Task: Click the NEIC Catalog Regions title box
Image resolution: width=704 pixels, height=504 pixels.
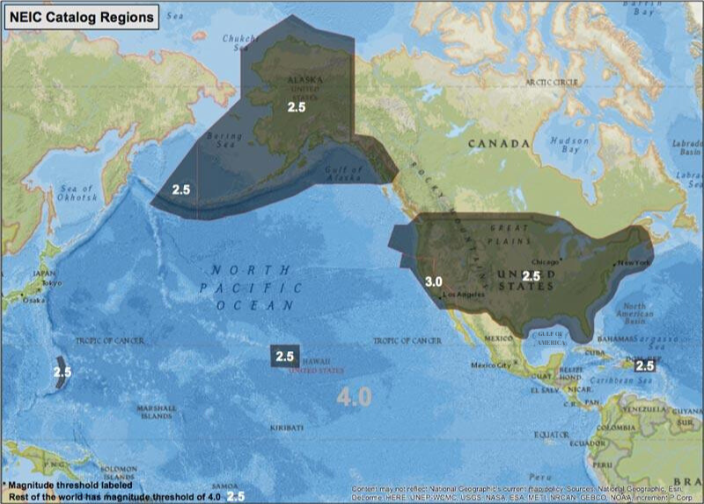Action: coord(81,16)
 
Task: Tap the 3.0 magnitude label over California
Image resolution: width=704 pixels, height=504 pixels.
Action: coord(432,281)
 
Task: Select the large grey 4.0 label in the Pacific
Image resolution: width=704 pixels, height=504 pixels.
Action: coord(354,397)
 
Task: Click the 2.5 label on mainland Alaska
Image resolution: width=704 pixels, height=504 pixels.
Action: coord(297,107)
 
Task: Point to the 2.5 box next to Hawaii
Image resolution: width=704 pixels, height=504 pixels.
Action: coord(284,356)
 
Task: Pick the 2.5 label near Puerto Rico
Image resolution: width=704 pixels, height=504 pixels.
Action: coord(645,365)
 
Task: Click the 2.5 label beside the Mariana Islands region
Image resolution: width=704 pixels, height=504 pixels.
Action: coord(62,372)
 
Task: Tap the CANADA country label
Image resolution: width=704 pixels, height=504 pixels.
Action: coord(499,142)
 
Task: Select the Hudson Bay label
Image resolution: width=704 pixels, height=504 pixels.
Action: coord(569,145)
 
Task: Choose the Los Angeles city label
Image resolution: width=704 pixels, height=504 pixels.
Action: coord(465,295)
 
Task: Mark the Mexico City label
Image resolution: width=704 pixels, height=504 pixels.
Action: coord(492,365)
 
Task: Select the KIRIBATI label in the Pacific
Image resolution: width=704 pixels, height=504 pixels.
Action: coord(288,427)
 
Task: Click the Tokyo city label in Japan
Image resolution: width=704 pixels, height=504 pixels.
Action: coord(52,282)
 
